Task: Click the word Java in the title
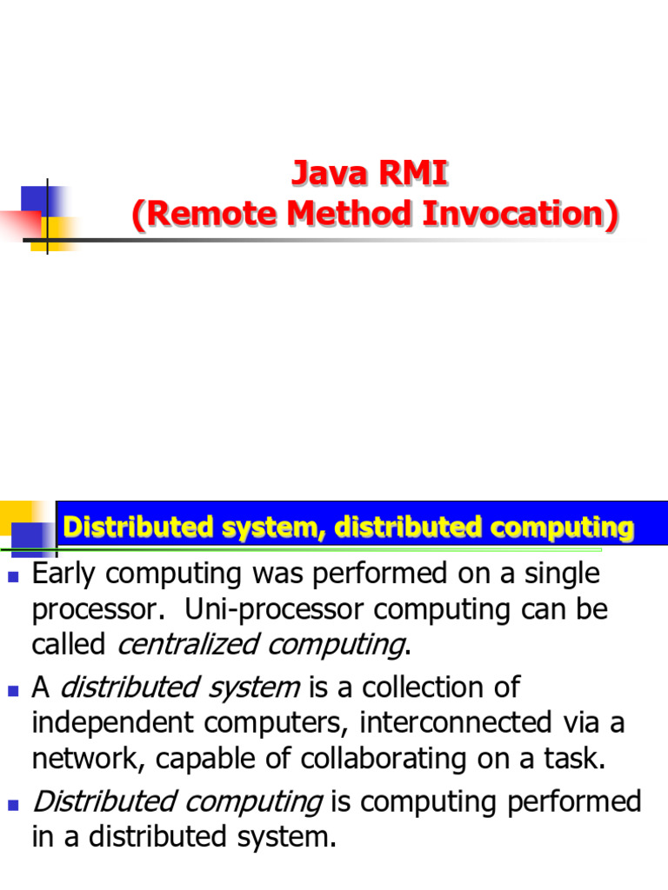(x=329, y=174)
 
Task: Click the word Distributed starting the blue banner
(x=137, y=527)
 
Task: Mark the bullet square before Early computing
(x=13, y=576)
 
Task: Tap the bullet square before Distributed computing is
(x=13, y=805)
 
